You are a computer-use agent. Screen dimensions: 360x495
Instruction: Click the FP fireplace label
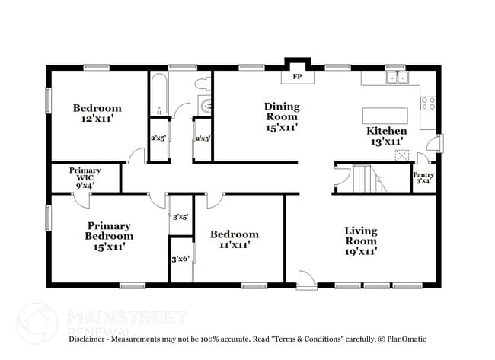pyautogui.click(x=296, y=77)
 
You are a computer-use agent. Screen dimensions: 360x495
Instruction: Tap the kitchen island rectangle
pyautogui.click(x=385, y=116)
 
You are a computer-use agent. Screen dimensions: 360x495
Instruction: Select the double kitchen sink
pyautogui.click(x=396, y=78)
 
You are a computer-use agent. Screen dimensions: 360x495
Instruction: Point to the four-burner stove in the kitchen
pyautogui.click(x=428, y=102)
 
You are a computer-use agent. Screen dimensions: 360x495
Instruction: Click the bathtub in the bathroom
pyautogui.click(x=159, y=93)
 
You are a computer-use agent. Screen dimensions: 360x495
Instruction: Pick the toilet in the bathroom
pyautogui.click(x=203, y=83)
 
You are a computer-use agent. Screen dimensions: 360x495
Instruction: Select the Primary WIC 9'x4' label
pyautogui.click(x=85, y=177)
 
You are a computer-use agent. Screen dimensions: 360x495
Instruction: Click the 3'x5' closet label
pyautogui.click(x=180, y=218)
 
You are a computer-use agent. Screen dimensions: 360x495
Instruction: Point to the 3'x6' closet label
pyautogui.click(x=180, y=260)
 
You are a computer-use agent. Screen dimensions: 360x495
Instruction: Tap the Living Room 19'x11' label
pyautogui.click(x=361, y=240)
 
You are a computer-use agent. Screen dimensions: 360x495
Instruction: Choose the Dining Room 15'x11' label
pyautogui.click(x=281, y=117)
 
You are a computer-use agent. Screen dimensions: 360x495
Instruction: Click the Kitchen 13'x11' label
pyautogui.click(x=386, y=135)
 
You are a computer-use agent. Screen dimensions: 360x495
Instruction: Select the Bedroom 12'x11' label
pyautogui.click(x=97, y=113)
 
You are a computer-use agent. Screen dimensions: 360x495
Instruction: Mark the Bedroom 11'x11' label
pyautogui.click(x=234, y=239)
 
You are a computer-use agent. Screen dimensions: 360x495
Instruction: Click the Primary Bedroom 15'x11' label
pyautogui.click(x=108, y=236)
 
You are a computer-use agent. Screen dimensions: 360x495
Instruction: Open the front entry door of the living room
pyautogui.click(x=305, y=280)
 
